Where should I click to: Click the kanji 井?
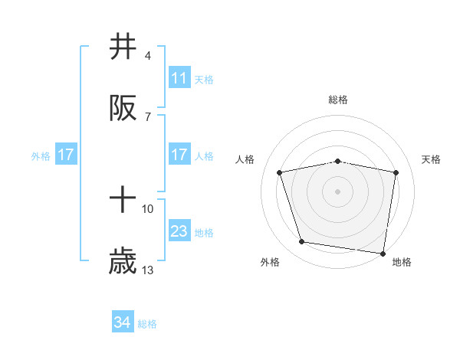click(x=123, y=47)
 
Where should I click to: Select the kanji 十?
click(x=123, y=201)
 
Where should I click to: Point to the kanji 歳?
click(x=123, y=263)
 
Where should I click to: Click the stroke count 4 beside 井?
click(x=147, y=56)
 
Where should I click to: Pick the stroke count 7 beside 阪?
click(x=147, y=116)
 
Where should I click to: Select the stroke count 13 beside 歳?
click(x=148, y=270)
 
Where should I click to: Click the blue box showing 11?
click(x=179, y=78)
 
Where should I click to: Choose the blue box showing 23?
click(x=179, y=231)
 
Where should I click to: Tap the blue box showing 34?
click(x=123, y=322)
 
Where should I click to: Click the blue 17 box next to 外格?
click(x=66, y=155)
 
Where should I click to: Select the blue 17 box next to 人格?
click(x=179, y=155)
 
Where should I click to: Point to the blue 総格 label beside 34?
click(x=147, y=324)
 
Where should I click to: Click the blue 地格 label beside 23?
click(x=204, y=232)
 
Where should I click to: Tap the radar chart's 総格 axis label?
click(x=338, y=100)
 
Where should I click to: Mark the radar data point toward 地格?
click(x=383, y=253)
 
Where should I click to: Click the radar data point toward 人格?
click(x=280, y=172)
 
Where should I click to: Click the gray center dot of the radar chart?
click(x=338, y=191)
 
